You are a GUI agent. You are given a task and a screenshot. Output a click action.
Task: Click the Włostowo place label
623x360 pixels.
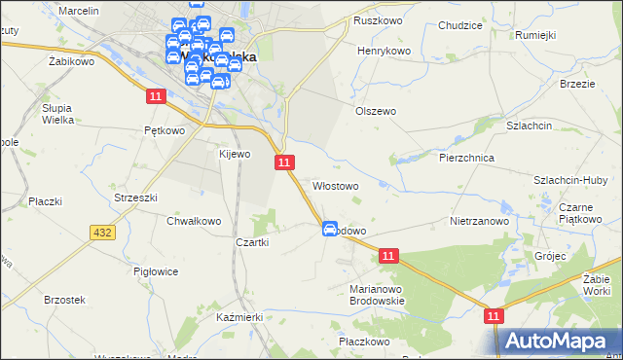point(335,185)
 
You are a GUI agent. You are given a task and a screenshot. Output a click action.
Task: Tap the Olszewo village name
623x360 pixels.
point(375,111)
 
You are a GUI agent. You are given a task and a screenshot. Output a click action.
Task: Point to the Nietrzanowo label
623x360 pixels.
point(480,221)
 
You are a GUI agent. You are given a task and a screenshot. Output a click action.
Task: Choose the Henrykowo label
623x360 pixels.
point(385,51)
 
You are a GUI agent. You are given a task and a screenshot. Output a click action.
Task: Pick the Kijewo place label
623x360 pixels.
point(235,154)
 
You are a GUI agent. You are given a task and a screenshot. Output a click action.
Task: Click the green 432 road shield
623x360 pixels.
point(103,233)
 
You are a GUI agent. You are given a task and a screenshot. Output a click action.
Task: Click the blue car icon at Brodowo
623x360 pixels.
point(330,228)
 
